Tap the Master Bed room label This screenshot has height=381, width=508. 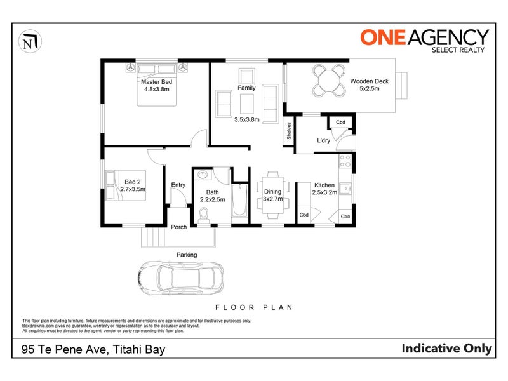[x=157, y=82]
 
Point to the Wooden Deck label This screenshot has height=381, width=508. [x=370, y=81]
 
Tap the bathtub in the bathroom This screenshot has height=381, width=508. [x=240, y=202]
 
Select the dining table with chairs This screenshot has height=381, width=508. [x=272, y=192]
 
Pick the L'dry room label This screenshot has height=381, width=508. [x=323, y=140]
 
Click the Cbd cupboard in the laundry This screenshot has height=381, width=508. [x=340, y=122]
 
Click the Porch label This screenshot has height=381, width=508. [x=178, y=228]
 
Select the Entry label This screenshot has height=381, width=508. [x=178, y=185]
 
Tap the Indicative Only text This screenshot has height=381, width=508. [x=447, y=348]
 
